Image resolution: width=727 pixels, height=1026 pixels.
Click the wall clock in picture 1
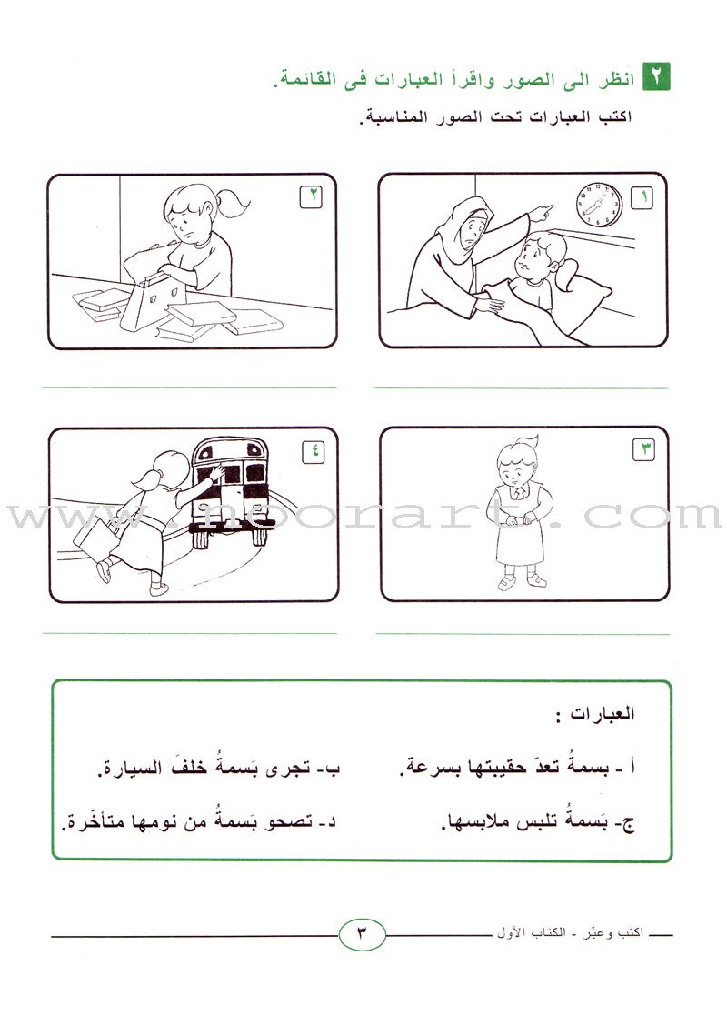click(599, 205)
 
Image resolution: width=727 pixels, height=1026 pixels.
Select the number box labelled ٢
click(311, 196)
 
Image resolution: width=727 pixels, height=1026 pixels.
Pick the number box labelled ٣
click(642, 449)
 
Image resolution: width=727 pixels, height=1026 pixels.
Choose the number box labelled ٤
click(313, 451)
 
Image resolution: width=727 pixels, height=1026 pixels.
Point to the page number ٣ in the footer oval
click(362, 933)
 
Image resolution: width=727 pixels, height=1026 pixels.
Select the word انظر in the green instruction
click(617, 80)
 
